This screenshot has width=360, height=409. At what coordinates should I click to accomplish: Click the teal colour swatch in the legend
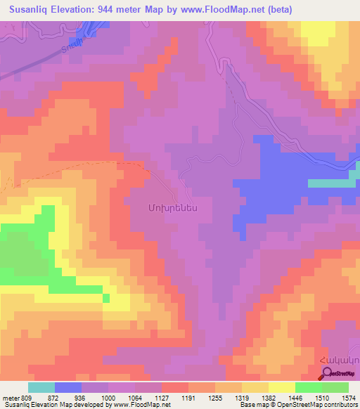tap(41, 387)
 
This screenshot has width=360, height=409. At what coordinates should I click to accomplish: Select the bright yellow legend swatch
tap(281, 387)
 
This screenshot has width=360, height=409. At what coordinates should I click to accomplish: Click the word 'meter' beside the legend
tap(11, 398)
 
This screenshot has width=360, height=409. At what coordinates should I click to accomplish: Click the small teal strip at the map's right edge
tap(333, 183)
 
